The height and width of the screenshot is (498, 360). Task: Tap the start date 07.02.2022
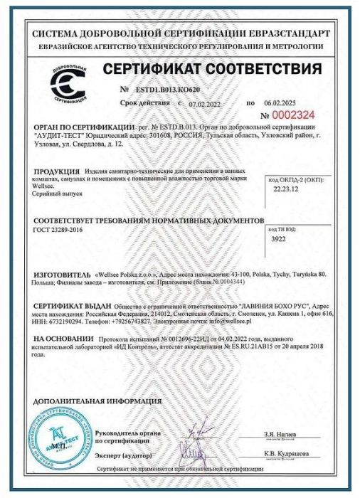205,104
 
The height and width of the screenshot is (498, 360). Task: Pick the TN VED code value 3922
282,241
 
